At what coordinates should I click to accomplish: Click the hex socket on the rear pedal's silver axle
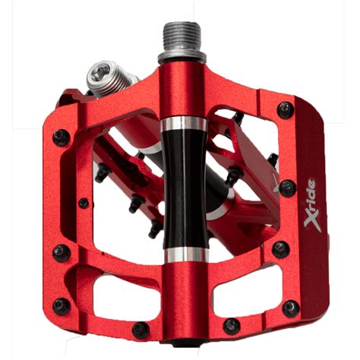98,72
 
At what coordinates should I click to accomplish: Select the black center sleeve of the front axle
185,188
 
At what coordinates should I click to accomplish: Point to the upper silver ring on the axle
184,124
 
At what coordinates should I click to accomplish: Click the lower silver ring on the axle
186,254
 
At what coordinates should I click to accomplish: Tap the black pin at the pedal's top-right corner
286,110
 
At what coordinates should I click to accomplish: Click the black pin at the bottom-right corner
291,309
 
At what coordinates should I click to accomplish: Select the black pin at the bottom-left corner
62,307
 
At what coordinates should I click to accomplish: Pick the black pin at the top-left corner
62,137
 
